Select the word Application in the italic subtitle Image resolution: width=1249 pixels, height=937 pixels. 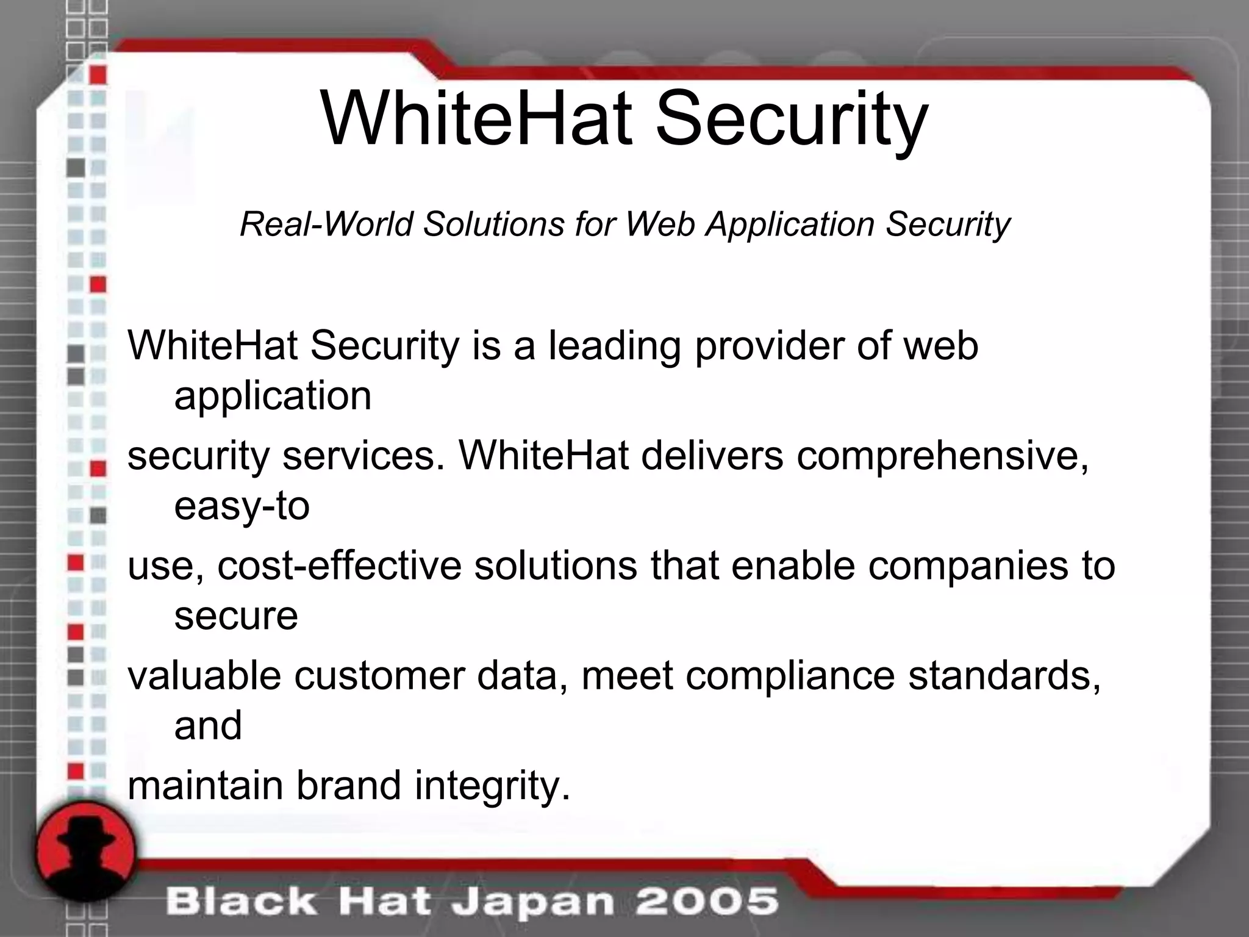coord(790,224)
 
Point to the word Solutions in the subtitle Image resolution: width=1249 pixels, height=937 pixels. coord(494,224)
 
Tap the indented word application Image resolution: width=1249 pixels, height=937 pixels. coord(273,397)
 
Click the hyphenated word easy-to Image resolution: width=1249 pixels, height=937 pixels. coord(242,506)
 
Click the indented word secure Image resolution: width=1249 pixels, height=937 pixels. coord(236,616)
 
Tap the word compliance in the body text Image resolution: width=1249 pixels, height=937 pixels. coord(790,675)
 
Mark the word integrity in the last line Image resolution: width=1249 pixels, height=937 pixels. coord(492,786)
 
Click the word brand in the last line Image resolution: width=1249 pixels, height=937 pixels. coord(349,786)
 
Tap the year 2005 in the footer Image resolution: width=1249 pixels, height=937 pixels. coord(707,902)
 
